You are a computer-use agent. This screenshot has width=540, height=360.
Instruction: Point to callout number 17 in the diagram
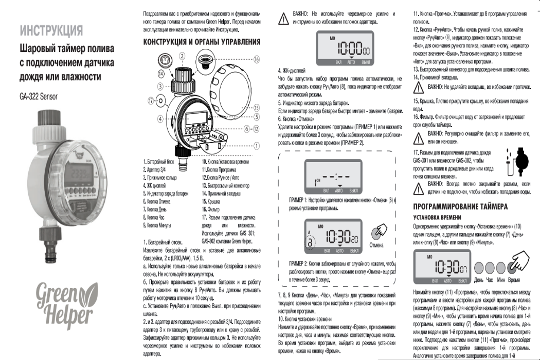click(151, 101)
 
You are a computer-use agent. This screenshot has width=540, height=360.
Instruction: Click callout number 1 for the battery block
click(256, 145)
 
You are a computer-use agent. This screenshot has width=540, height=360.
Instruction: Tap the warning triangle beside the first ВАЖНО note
click(283, 18)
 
